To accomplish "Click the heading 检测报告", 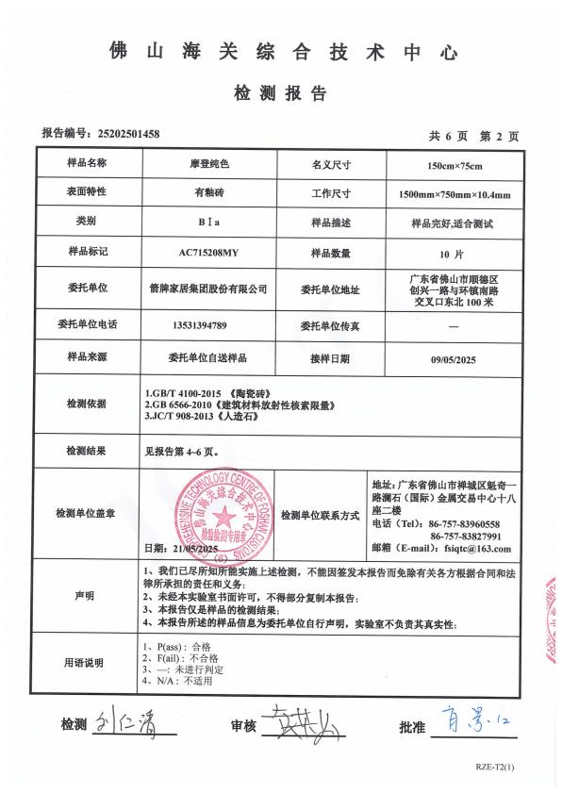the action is point(280,93).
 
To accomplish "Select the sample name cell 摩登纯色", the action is point(208,164).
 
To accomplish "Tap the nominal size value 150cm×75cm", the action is point(455,166).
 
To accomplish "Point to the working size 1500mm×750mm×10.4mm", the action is point(455,195).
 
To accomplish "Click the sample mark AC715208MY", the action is point(208,254).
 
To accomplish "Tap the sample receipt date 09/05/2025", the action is point(455,359).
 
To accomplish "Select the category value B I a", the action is point(208,224).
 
